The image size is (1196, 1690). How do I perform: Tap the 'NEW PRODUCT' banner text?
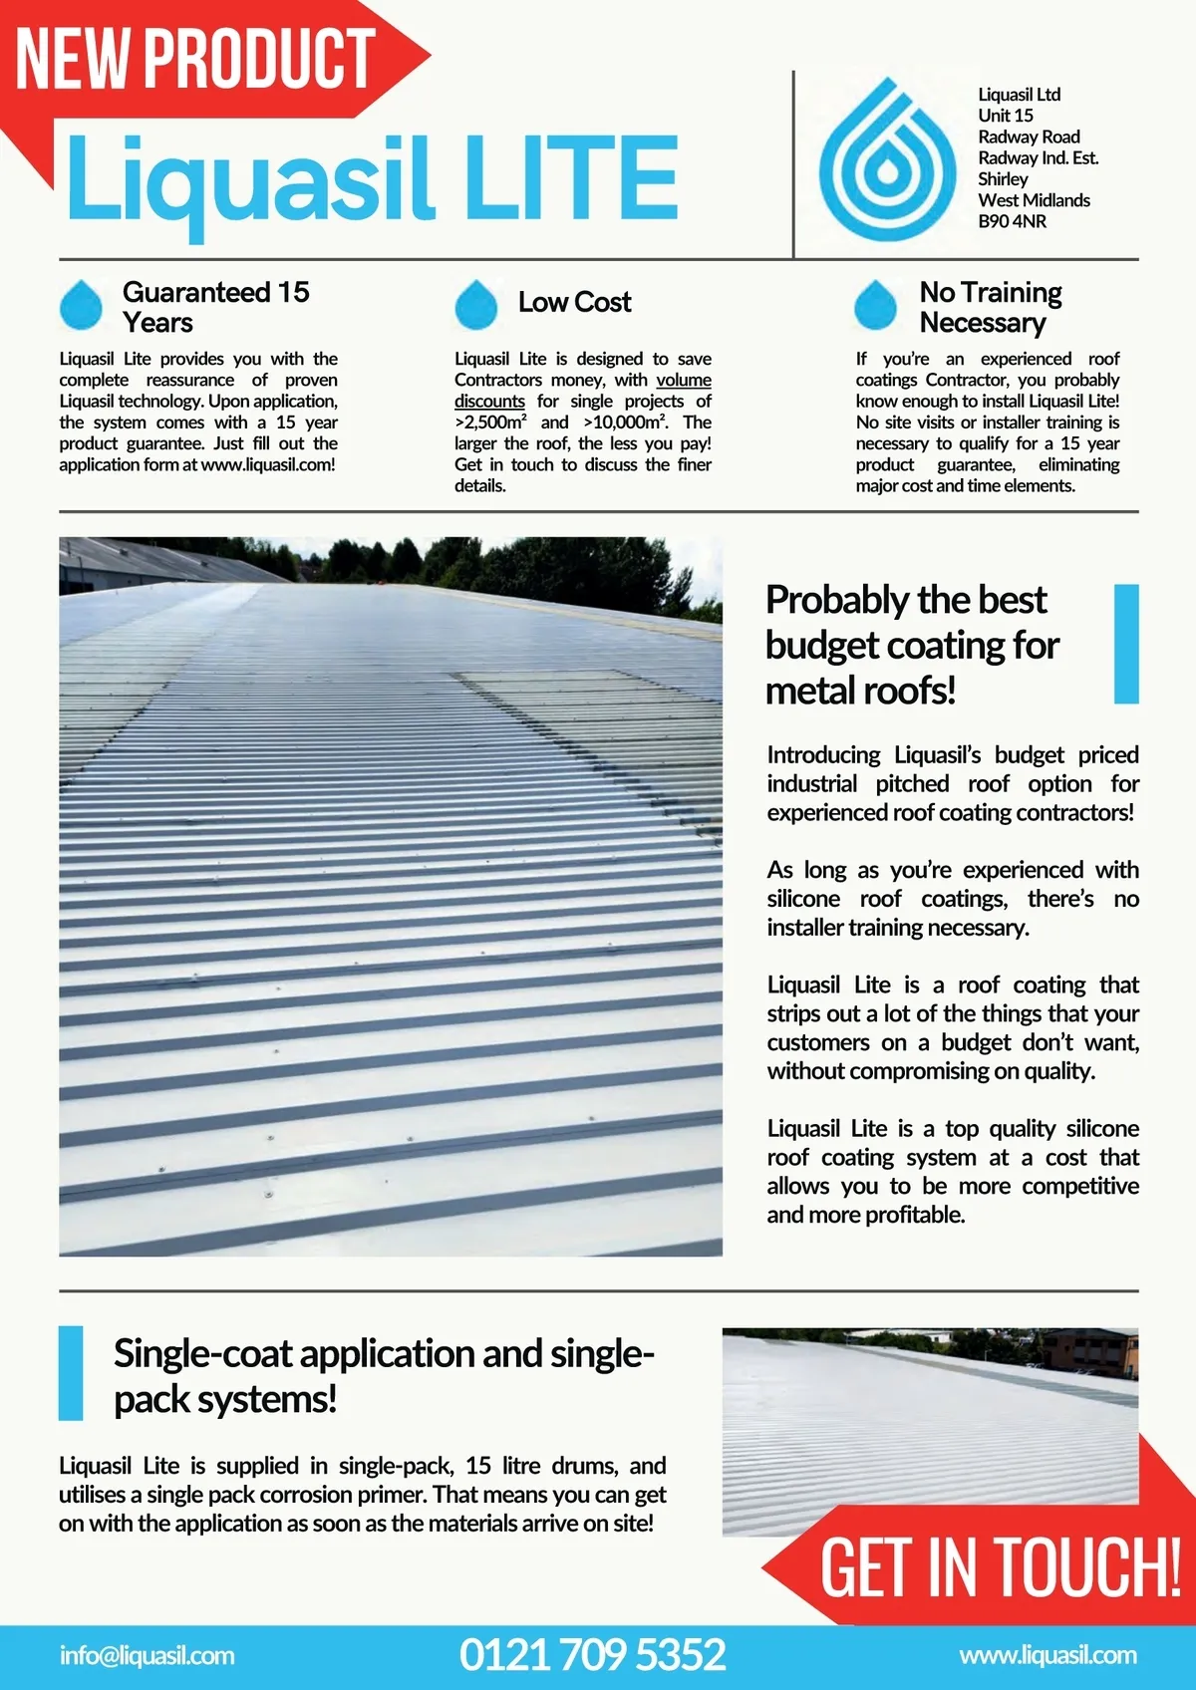195,58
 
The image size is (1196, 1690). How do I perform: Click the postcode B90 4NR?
1012,221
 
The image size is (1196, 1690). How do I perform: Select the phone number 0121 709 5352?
592,1654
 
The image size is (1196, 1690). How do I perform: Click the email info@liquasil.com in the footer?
148,1655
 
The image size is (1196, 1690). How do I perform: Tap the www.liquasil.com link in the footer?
1047,1655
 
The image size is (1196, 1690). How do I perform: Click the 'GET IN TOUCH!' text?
1000,1567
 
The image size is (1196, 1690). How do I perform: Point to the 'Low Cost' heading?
574,302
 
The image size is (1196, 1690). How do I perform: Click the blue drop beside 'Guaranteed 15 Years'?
81,305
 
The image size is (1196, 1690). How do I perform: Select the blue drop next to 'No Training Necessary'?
876,305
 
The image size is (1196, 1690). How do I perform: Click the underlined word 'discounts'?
489,402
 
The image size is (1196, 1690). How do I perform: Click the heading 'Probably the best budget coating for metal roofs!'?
911,645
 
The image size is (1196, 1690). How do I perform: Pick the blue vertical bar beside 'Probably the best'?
1125,644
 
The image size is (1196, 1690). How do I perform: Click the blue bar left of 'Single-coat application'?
71,1372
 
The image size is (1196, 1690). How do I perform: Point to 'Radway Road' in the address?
1029,137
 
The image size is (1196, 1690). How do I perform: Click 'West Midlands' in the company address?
1034,200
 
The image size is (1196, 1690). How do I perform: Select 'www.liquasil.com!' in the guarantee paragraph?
268,465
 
